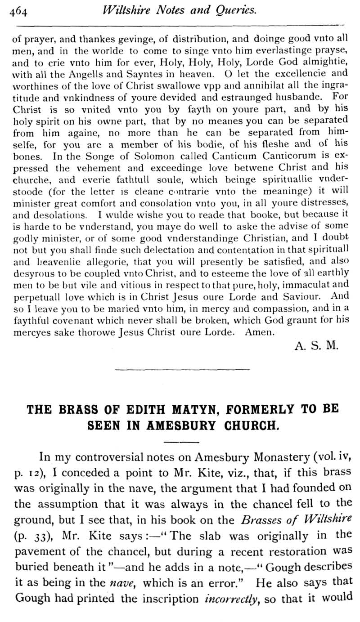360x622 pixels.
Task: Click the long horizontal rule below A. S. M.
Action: click(x=182, y=370)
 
